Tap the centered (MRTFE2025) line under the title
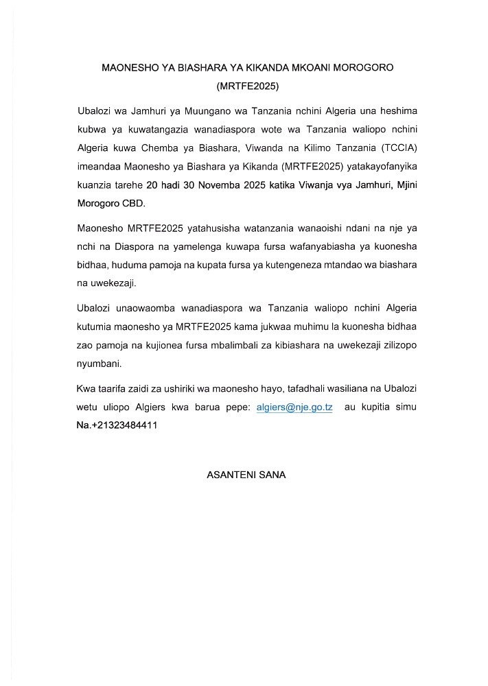tap(246, 87)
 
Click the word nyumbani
tap(99, 362)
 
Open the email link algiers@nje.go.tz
tap(294, 407)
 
